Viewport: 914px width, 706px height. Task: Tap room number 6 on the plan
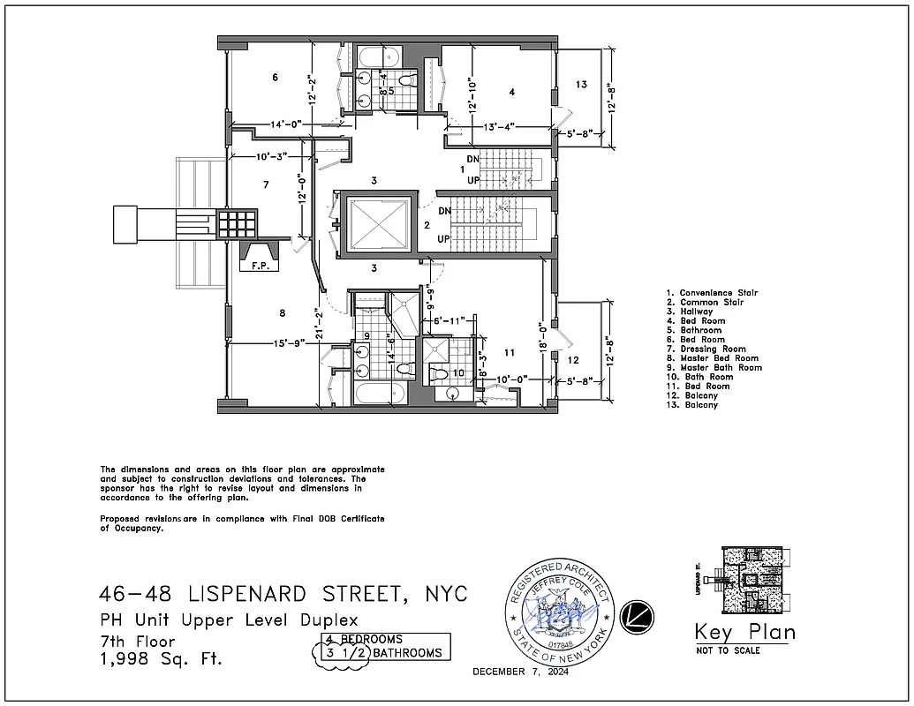(276, 78)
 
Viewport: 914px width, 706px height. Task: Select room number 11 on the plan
(510, 352)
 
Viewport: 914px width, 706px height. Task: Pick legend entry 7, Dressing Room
(713, 349)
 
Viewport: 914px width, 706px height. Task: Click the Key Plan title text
(744, 632)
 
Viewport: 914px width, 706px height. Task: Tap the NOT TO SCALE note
(727, 650)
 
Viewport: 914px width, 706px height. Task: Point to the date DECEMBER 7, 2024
(520, 672)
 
